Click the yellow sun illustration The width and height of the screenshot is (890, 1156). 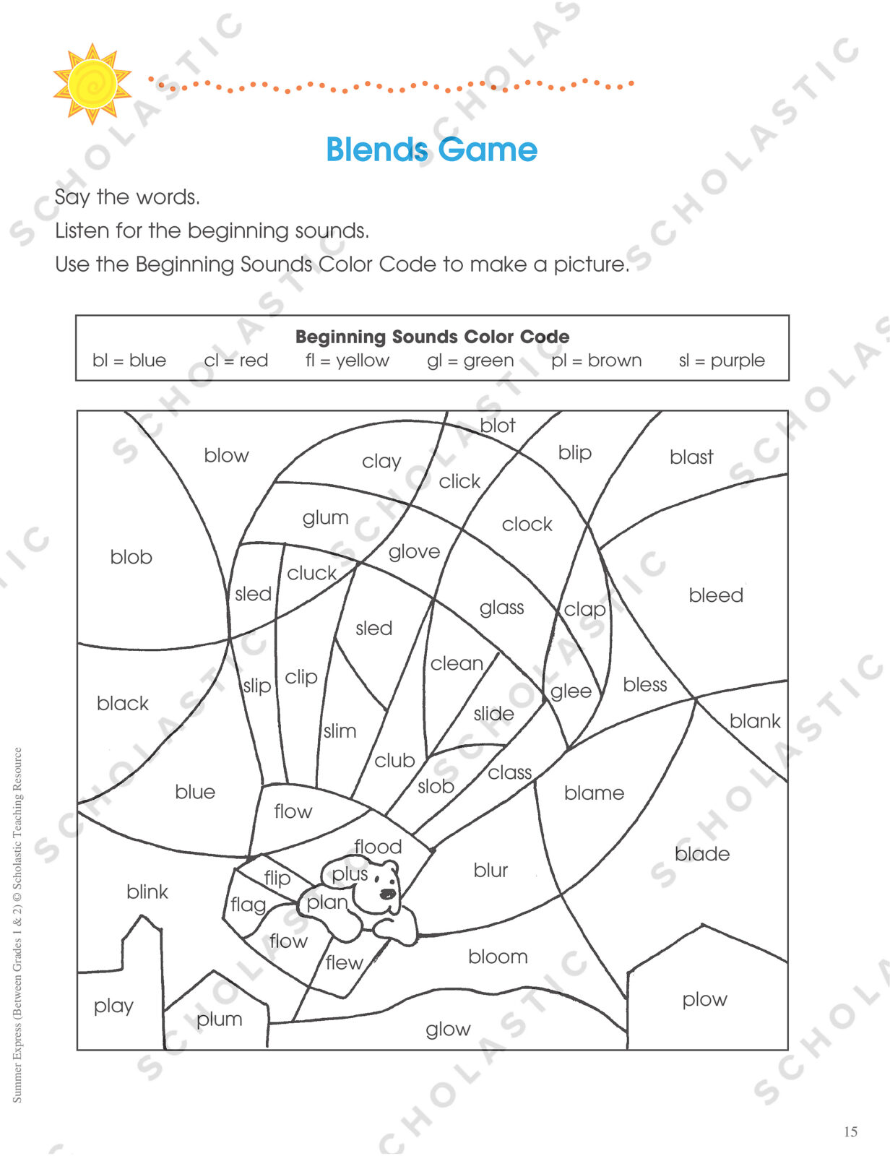coord(92,84)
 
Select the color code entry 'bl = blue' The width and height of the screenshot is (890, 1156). coord(129,360)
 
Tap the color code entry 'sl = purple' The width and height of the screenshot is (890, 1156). coord(722,361)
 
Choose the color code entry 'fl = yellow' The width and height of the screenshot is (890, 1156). coord(347,361)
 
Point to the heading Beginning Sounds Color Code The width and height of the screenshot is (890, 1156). coord(432,337)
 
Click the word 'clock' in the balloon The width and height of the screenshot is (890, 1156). coord(527,525)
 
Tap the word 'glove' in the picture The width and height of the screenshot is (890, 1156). coord(414,553)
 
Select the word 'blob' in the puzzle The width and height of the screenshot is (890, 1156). coord(131,557)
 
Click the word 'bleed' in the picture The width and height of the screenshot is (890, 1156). coord(716,595)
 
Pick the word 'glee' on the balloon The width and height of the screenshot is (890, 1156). coord(571,691)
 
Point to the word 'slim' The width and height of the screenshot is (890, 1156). coord(340,731)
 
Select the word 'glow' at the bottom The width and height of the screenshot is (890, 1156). coord(448,1030)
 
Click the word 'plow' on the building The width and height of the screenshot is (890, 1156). coord(704,1000)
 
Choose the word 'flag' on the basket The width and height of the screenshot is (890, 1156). coord(248,905)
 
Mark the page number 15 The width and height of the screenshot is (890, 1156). coord(851,1131)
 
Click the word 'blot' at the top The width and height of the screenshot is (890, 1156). coord(498,426)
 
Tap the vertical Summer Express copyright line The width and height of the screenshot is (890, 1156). coord(17,925)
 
